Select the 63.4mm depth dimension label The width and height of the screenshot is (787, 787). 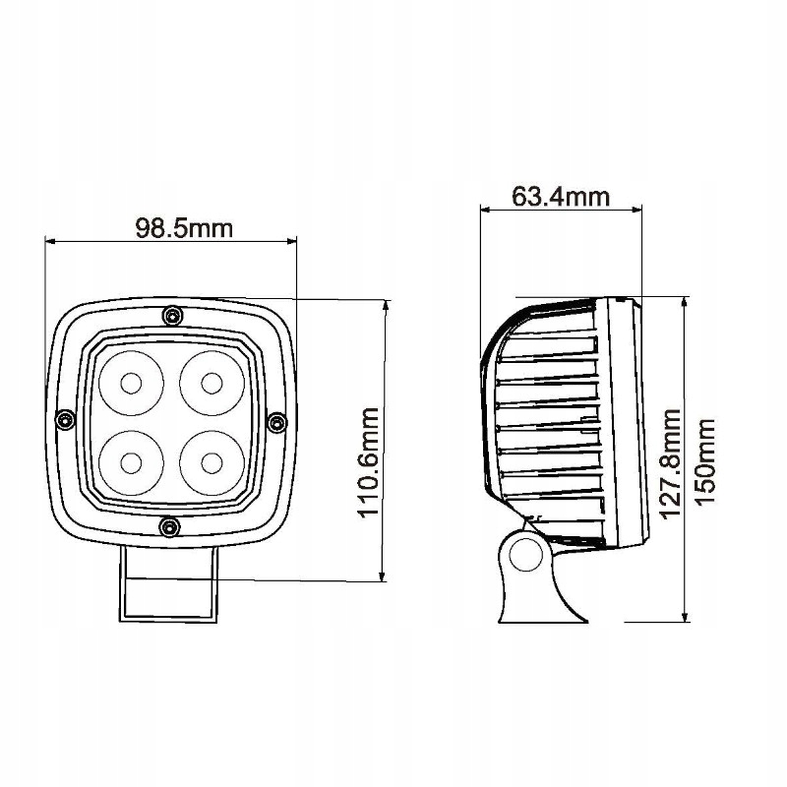561,196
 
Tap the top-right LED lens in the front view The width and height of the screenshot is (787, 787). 211,380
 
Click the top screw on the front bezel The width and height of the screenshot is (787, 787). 173,315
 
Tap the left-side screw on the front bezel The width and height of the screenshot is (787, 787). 65,420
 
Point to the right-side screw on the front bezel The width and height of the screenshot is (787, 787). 277,422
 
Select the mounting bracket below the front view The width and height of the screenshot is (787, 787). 168,585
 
